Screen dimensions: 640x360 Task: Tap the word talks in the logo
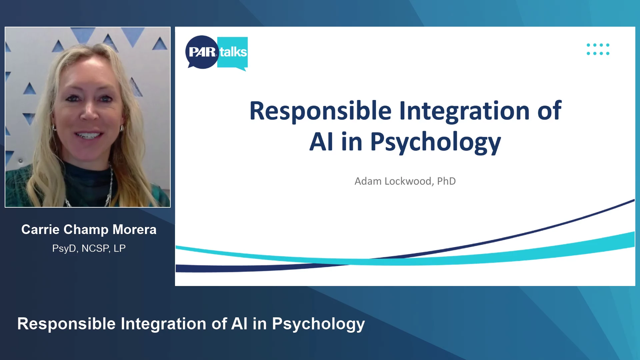point(233,52)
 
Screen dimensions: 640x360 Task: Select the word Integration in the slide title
point(464,111)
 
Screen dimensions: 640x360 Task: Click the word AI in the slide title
point(321,141)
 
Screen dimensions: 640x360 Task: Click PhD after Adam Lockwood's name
point(446,181)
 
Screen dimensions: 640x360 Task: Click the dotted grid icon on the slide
point(598,49)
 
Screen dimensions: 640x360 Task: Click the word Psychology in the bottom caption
point(318,324)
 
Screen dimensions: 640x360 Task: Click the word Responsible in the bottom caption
point(66,324)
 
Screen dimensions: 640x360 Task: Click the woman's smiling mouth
point(88,135)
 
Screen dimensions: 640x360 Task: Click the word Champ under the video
point(86,230)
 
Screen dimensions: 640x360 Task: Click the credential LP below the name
point(120,248)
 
